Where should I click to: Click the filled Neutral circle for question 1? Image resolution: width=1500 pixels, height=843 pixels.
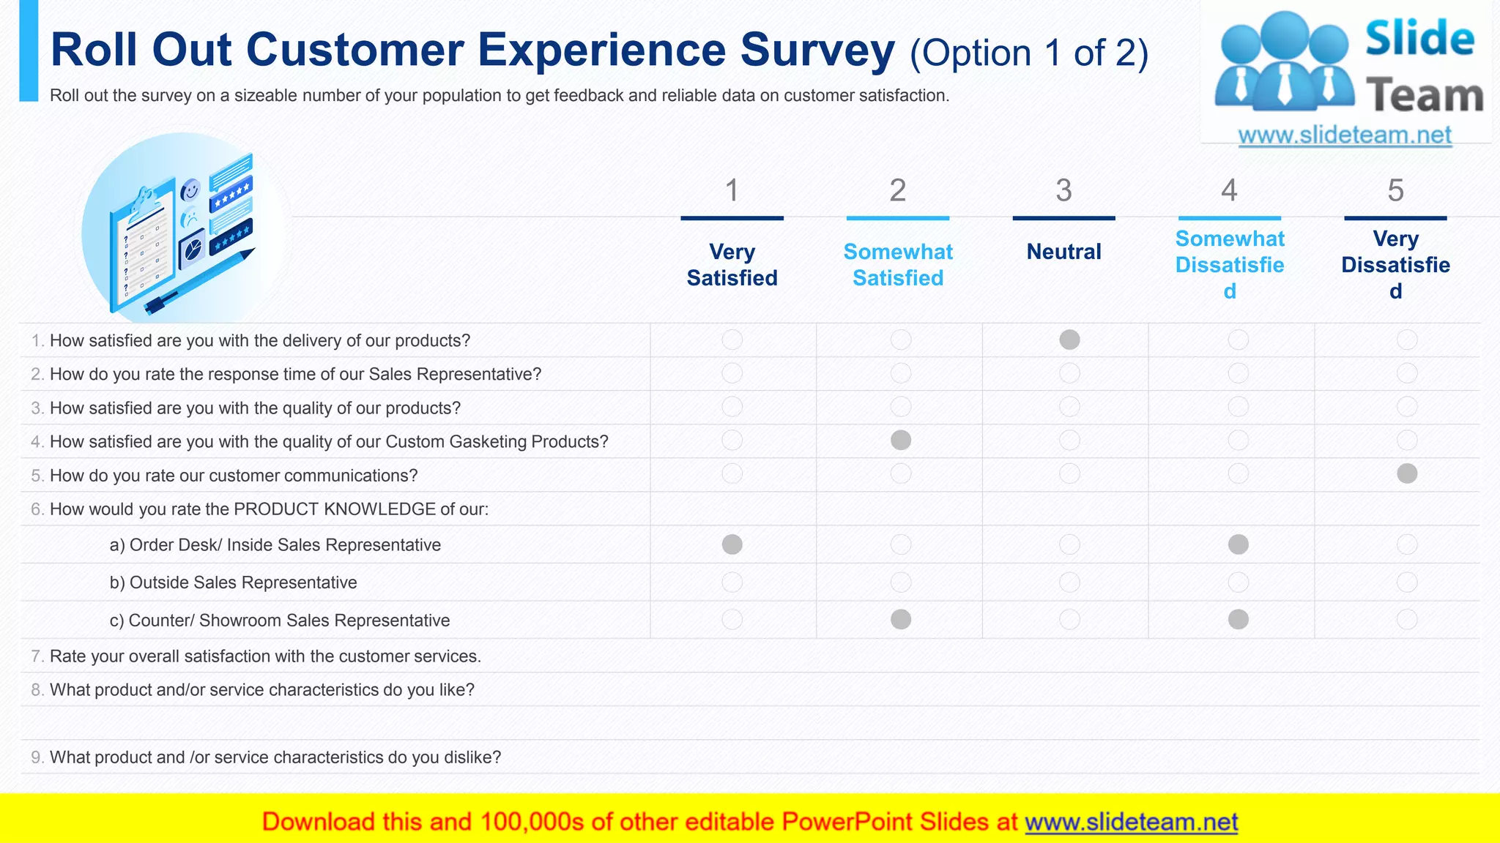pos(1069,340)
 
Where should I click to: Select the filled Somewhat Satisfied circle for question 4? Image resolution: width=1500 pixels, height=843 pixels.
pos(901,440)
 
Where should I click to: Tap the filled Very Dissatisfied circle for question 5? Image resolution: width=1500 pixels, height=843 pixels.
pos(1407,473)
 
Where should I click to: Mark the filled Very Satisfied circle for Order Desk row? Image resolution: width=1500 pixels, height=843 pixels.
pos(732,544)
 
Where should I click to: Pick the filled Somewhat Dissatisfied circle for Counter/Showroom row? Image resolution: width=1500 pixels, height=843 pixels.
pos(1239,620)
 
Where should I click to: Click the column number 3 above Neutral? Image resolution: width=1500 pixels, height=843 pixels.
pos(1063,191)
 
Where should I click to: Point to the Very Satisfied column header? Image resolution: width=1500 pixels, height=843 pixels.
pos(732,265)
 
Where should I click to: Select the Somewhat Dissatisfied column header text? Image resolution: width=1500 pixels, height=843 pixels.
pos(1230,264)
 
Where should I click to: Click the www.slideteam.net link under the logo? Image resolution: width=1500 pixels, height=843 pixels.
pos(1345,135)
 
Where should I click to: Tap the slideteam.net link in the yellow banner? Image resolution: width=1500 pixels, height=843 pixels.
pos(1131,822)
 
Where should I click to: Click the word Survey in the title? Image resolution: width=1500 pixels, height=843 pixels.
pos(817,50)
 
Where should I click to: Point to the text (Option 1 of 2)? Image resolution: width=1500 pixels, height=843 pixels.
pos(1028,53)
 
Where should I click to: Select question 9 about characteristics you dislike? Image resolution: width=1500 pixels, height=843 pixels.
pos(275,757)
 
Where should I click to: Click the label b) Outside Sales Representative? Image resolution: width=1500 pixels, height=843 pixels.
pos(233,582)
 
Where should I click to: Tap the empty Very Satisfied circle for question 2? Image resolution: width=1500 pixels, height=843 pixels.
pos(732,373)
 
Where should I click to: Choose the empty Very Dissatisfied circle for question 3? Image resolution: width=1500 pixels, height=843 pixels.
pos(1407,406)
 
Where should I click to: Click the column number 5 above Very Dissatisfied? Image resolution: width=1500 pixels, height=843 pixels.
pos(1395,191)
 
